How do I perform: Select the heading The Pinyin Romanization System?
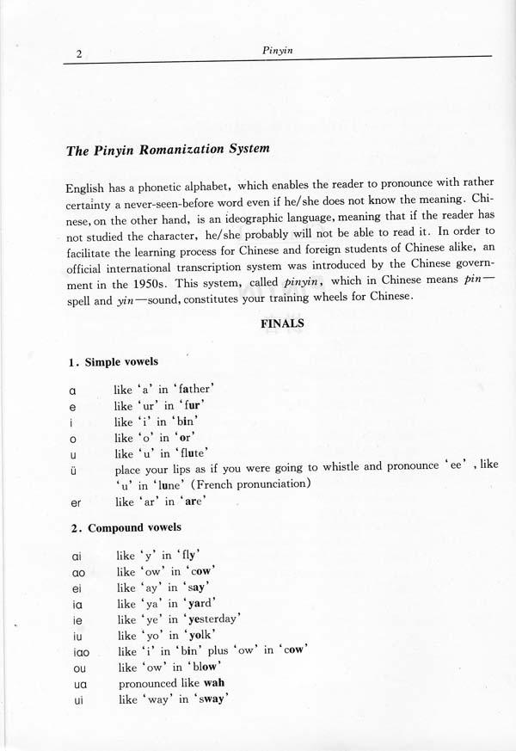click(x=168, y=149)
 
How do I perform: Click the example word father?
click(x=190, y=389)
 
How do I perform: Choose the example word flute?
click(x=193, y=452)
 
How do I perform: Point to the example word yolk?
click(x=194, y=634)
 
